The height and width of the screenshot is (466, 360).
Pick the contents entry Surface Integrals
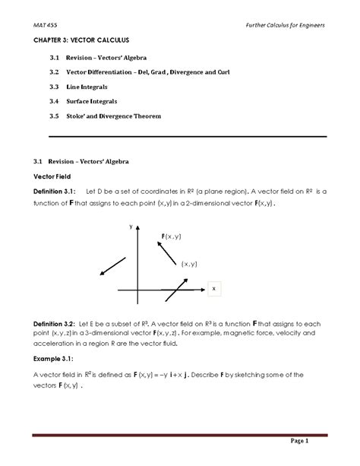click(x=96, y=101)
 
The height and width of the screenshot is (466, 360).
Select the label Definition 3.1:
click(x=59, y=192)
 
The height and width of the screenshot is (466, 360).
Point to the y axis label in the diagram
click(x=131, y=227)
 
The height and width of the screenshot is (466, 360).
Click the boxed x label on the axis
click(x=214, y=289)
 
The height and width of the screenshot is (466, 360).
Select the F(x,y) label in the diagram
click(x=170, y=238)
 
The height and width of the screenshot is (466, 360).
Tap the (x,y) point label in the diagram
click(x=189, y=264)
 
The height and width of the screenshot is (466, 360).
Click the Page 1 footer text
click(x=316, y=441)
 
